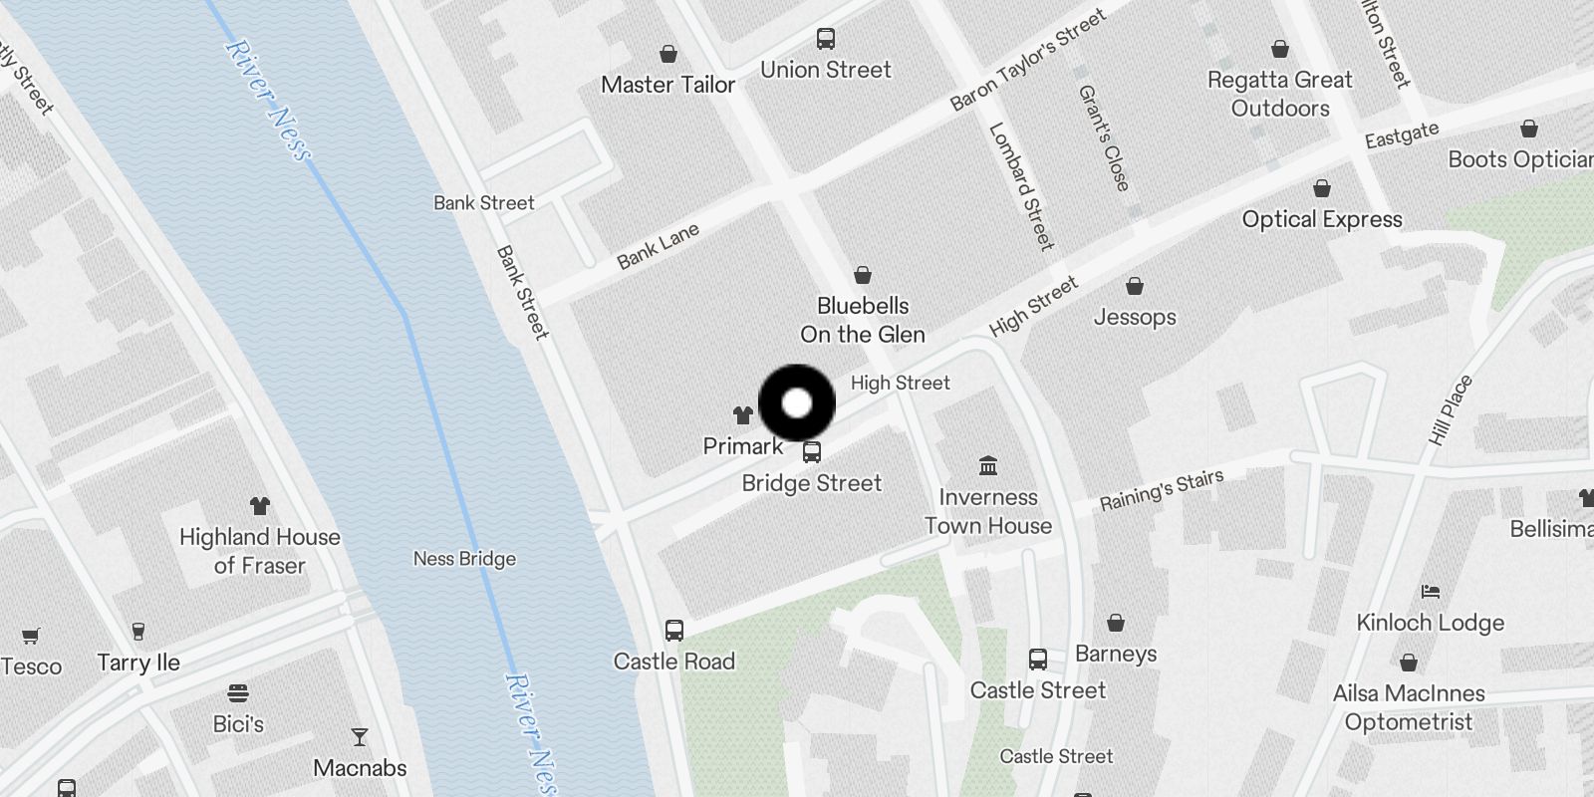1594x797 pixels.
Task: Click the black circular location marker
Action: [797, 403]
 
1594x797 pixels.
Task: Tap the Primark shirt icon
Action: [743, 414]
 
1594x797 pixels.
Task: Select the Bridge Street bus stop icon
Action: [812, 452]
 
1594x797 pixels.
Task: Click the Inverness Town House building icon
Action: [988, 466]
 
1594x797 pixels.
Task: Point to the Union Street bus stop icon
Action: [826, 39]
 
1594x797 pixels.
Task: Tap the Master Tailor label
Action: [667, 85]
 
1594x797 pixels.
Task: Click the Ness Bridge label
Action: [464, 559]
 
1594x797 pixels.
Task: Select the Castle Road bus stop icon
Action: [674, 631]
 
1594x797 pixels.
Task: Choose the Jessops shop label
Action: [1135, 317]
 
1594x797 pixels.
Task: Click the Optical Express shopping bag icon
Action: [1322, 189]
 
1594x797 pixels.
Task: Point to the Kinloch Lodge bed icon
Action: [1431, 592]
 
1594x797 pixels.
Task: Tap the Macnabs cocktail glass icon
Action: [360, 737]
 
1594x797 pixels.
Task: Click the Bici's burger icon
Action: [238, 693]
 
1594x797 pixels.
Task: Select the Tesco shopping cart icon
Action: [31, 636]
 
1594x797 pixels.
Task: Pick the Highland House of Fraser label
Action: [260, 551]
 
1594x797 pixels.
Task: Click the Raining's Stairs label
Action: [1162, 490]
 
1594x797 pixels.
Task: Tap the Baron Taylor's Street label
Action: [1028, 60]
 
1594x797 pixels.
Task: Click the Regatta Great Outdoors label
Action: [1280, 94]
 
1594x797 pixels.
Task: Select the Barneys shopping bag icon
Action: [1116, 624]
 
